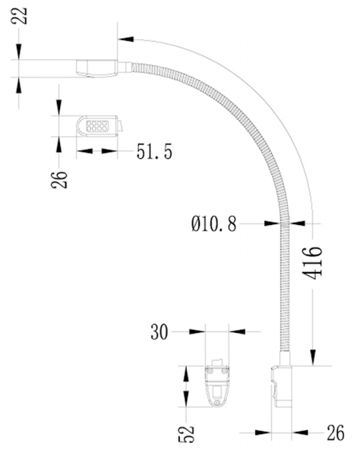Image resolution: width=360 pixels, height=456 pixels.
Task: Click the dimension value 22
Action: click(19, 16)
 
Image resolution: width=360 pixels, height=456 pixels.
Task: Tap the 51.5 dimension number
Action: click(154, 151)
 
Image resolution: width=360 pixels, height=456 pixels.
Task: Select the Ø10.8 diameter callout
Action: click(214, 223)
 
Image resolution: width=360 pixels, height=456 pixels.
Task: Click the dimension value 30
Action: click(159, 332)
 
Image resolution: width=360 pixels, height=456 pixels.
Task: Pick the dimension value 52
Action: click(186, 434)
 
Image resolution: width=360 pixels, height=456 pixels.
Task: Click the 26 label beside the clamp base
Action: click(336, 432)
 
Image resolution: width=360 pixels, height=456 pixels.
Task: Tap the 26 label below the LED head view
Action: click(59, 179)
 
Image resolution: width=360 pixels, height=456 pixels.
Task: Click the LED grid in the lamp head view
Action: click(97, 126)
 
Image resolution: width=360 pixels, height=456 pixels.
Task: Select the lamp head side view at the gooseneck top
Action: click(96, 68)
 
